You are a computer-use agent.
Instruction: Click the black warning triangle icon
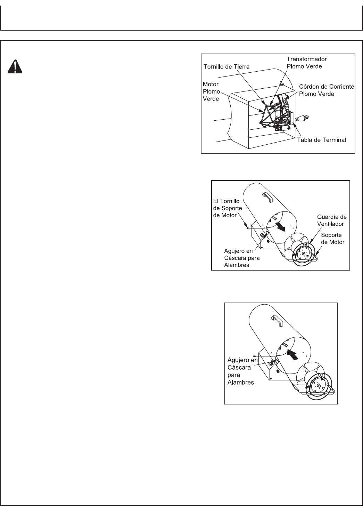pyautogui.click(x=14, y=67)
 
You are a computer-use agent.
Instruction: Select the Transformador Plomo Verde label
pyautogui.click(x=307, y=63)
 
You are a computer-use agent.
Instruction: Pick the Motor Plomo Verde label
pyautogui.click(x=211, y=91)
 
